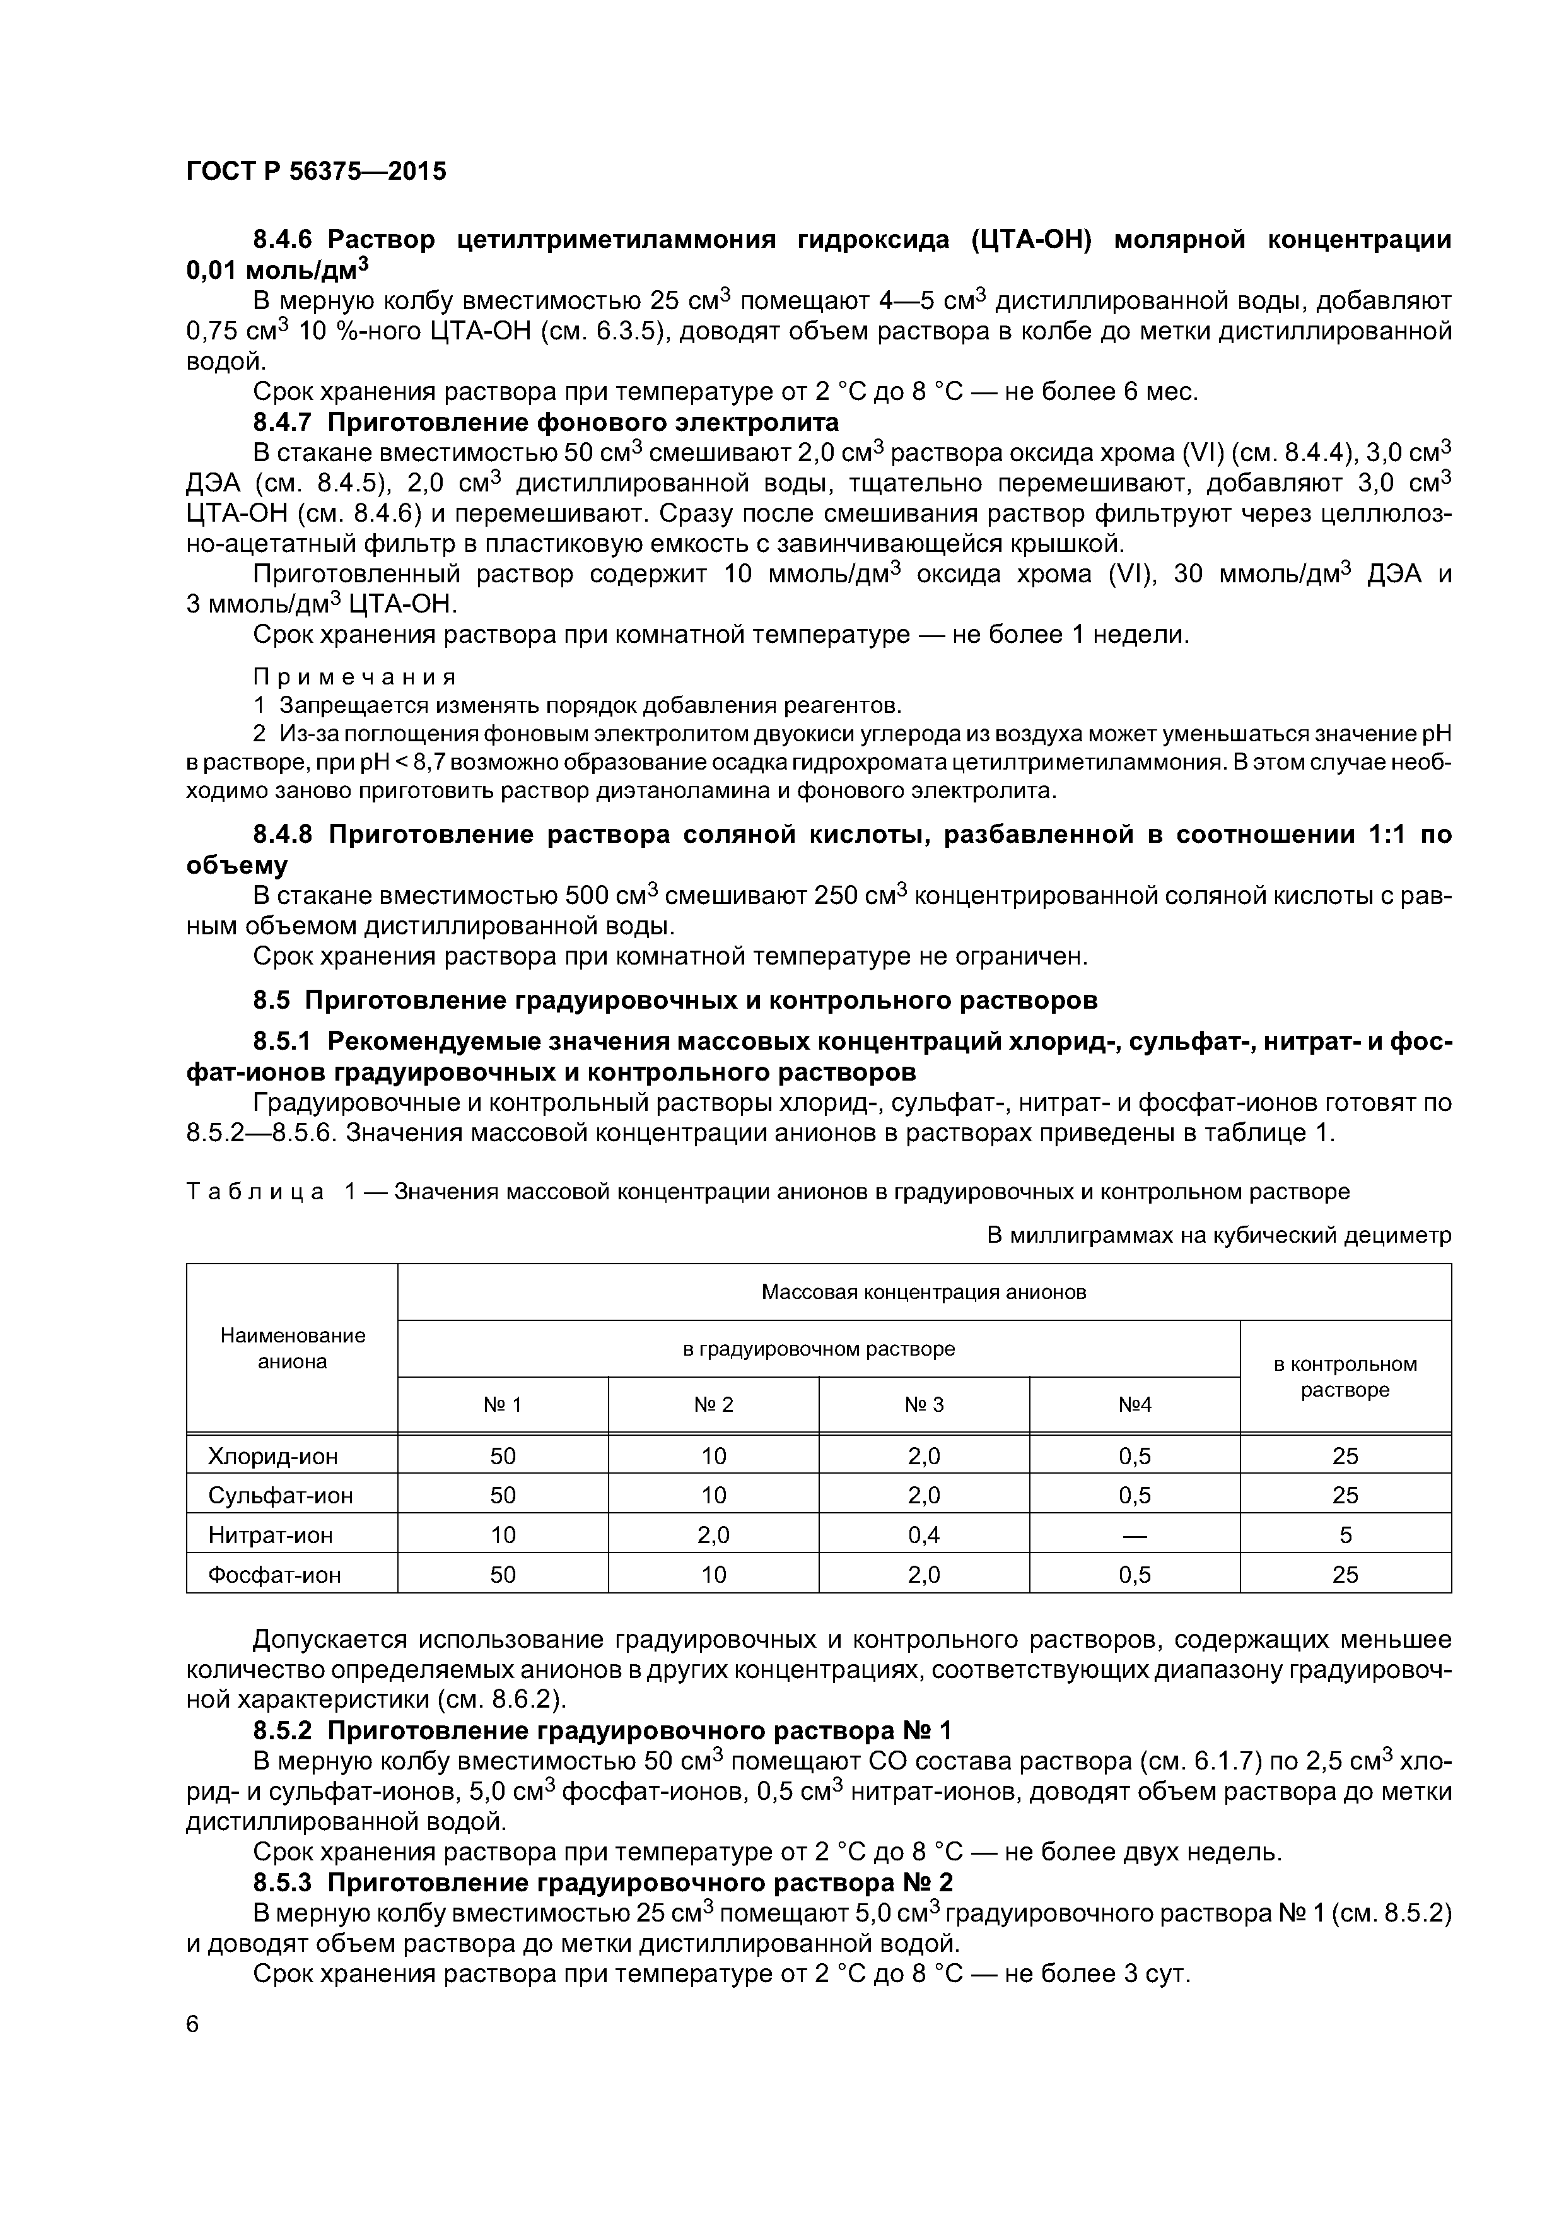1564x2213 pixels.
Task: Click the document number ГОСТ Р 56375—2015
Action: pyautogui.click(x=316, y=172)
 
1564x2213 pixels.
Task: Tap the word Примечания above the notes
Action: pyautogui.click(x=354, y=677)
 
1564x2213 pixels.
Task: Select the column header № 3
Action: pyautogui.click(x=924, y=1406)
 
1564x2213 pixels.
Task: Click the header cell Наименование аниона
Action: pyautogui.click(x=292, y=1348)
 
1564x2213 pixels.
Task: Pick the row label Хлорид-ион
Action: pyautogui.click(x=272, y=1457)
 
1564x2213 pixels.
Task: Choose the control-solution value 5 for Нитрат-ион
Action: pyautogui.click(x=1345, y=1535)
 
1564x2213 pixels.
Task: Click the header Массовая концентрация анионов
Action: pyautogui.click(x=924, y=1291)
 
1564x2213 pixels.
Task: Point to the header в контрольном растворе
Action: pyautogui.click(x=1345, y=1377)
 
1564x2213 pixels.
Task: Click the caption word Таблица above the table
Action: pyautogui.click(x=255, y=1192)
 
